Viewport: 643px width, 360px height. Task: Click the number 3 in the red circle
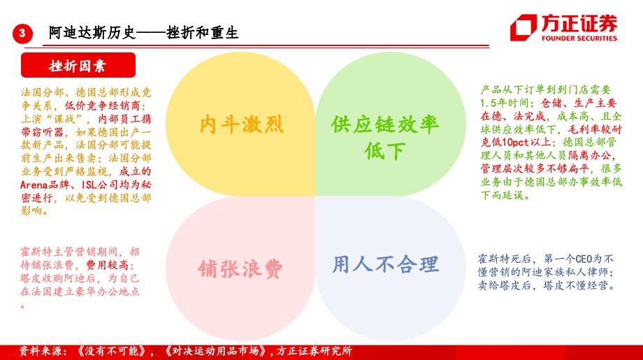point(22,33)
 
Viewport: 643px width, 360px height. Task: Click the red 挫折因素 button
point(78,65)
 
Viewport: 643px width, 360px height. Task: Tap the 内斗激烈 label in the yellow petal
point(242,124)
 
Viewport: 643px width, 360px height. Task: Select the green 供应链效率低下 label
point(385,137)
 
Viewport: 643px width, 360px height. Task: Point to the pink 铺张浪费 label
point(240,269)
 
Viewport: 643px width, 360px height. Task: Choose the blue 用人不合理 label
point(386,264)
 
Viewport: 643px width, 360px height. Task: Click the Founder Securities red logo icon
point(523,27)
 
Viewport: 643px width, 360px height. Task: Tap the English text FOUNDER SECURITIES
point(579,38)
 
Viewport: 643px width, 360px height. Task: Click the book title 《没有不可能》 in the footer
point(111,352)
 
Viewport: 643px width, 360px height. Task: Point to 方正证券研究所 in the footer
point(314,352)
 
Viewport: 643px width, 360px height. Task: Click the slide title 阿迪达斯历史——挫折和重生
point(143,33)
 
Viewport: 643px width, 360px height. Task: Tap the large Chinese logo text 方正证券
point(579,23)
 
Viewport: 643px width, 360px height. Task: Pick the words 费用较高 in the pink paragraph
point(107,265)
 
